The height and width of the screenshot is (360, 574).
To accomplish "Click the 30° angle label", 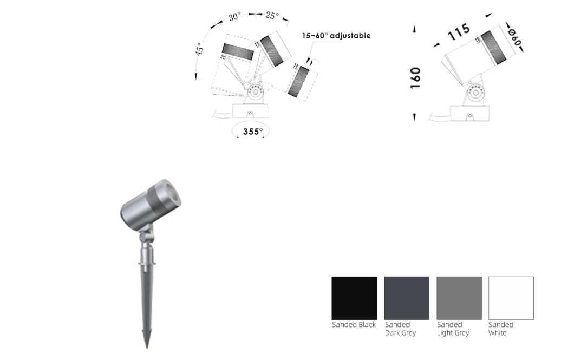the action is click(x=234, y=17).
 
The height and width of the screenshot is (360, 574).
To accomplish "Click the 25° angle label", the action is click(x=272, y=15).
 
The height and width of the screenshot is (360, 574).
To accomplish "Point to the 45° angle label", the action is click(x=199, y=49).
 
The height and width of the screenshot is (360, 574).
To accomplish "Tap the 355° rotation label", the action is click(x=253, y=132).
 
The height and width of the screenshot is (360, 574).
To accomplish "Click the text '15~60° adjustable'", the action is click(x=336, y=36).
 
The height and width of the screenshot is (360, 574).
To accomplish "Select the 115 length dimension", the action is click(x=459, y=32).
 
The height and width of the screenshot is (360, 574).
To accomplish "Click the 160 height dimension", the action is click(x=415, y=78).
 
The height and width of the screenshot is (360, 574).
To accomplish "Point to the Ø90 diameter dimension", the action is click(x=514, y=37).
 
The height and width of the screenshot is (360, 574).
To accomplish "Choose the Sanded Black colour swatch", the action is click(x=354, y=298).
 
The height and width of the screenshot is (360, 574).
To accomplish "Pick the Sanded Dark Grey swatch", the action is click(x=406, y=298).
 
